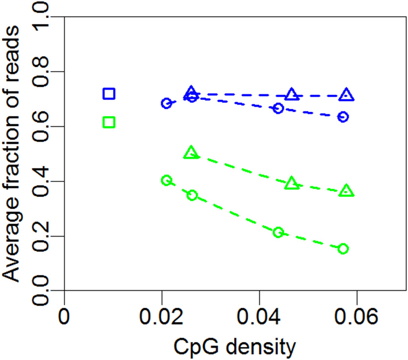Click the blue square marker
[109, 94]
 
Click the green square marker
[109, 122]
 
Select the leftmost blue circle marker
[166, 103]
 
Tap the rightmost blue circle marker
[343, 117]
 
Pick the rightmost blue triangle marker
[347, 95]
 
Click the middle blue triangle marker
[291, 95]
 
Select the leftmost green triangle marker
[192, 153]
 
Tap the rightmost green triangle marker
[347, 191]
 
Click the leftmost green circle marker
[166, 180]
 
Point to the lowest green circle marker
[343, 249]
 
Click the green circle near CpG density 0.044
[278, 232]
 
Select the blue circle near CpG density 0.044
[278, 108]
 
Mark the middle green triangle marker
[291, 183]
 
